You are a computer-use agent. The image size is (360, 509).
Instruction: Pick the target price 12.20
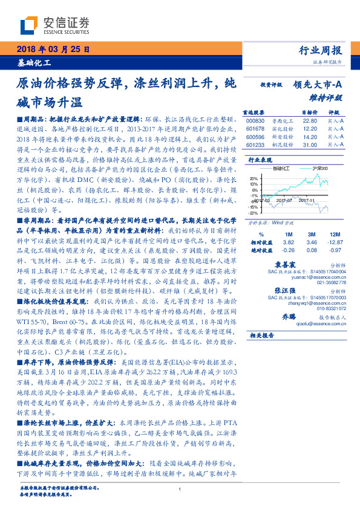309,129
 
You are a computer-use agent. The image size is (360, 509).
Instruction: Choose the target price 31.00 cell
309,145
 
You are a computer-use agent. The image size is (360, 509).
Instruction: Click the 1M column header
289,233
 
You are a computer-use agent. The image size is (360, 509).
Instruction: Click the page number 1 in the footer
180,490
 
